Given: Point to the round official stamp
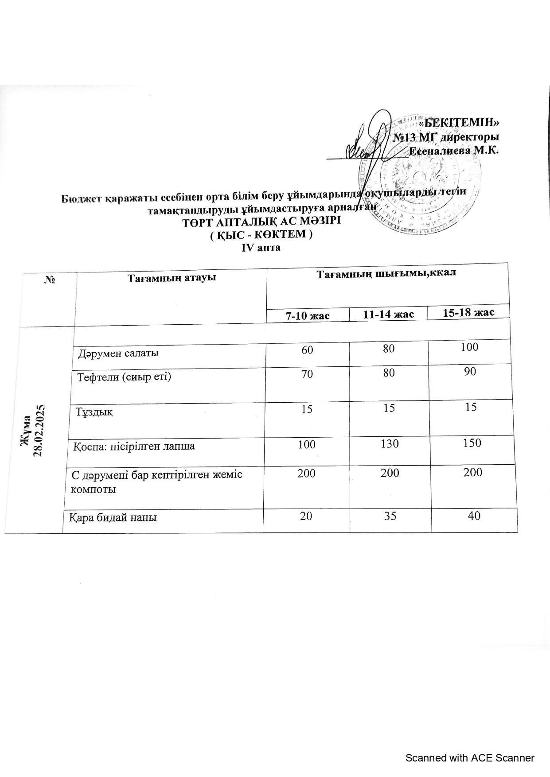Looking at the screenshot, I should click(x=421, y=175).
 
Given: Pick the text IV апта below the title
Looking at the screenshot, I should click(x=261, y=248).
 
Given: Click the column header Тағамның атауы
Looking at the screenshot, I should click(x=172, y=278).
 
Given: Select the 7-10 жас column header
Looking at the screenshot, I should click(x=308, y=316).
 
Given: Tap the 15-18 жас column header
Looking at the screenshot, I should click(x=468, y=313).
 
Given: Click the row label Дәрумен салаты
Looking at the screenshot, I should click(x=119, y=353).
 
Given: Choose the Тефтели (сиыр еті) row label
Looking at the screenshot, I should click(x=125, y=377).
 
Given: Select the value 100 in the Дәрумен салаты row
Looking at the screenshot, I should click(x=469, y=347).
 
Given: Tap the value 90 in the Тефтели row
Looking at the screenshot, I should click(x=470, y=372).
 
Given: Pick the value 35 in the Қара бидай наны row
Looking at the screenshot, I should click(x=390, y=516).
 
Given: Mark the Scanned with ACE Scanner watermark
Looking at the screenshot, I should click(x=470, y=758).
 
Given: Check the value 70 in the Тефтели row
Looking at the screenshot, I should click(x=307, y=374).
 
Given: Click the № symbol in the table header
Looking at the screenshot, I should click(x=49, y=280).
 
